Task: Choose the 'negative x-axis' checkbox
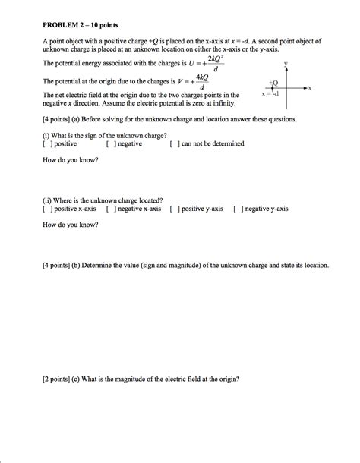pos(111,208)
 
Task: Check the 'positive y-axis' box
pos(175,208)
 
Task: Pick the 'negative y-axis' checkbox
pos(238,208)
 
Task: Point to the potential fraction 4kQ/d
pos(202,83)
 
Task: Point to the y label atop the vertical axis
pos(286,64)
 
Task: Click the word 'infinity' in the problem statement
pos(221,102)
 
